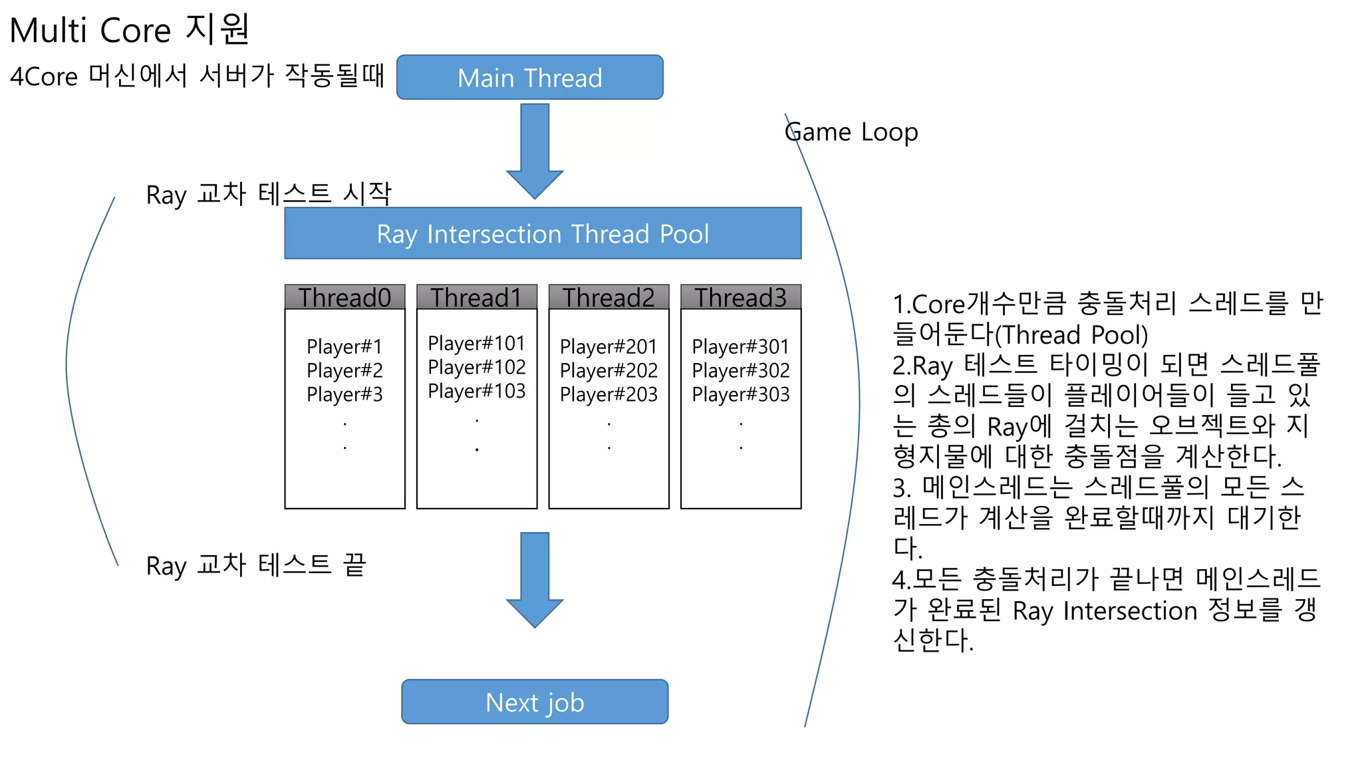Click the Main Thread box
529,78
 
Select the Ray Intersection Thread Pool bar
543,233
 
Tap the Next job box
535,702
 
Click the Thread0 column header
344,297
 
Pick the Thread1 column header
476,297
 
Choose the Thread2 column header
609,297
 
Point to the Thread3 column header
740,297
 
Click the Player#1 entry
344,346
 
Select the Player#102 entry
476,367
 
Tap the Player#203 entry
609,394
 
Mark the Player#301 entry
740,346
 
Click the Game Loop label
851,132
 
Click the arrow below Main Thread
535,150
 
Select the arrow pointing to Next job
535,578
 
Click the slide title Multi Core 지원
130,30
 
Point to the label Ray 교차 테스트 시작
269,194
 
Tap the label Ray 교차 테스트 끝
256,565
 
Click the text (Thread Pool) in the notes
1071,335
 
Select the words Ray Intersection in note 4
1105,610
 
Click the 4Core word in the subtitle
44,76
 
